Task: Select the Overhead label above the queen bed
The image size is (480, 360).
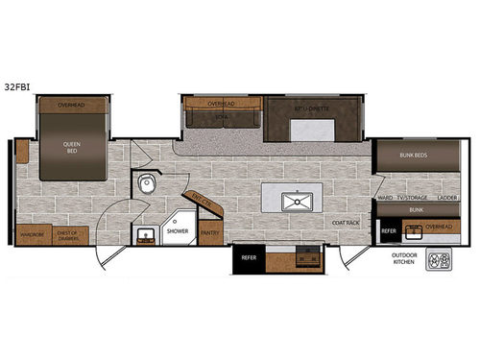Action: pos(72,104)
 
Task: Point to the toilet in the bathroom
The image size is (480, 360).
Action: pos(147,184)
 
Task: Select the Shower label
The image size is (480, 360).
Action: pos(179,230)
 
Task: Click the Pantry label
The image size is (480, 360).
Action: pos(209,230)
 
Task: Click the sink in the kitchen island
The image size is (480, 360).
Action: pos(298,200)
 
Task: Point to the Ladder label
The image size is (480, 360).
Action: pos(446,197)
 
